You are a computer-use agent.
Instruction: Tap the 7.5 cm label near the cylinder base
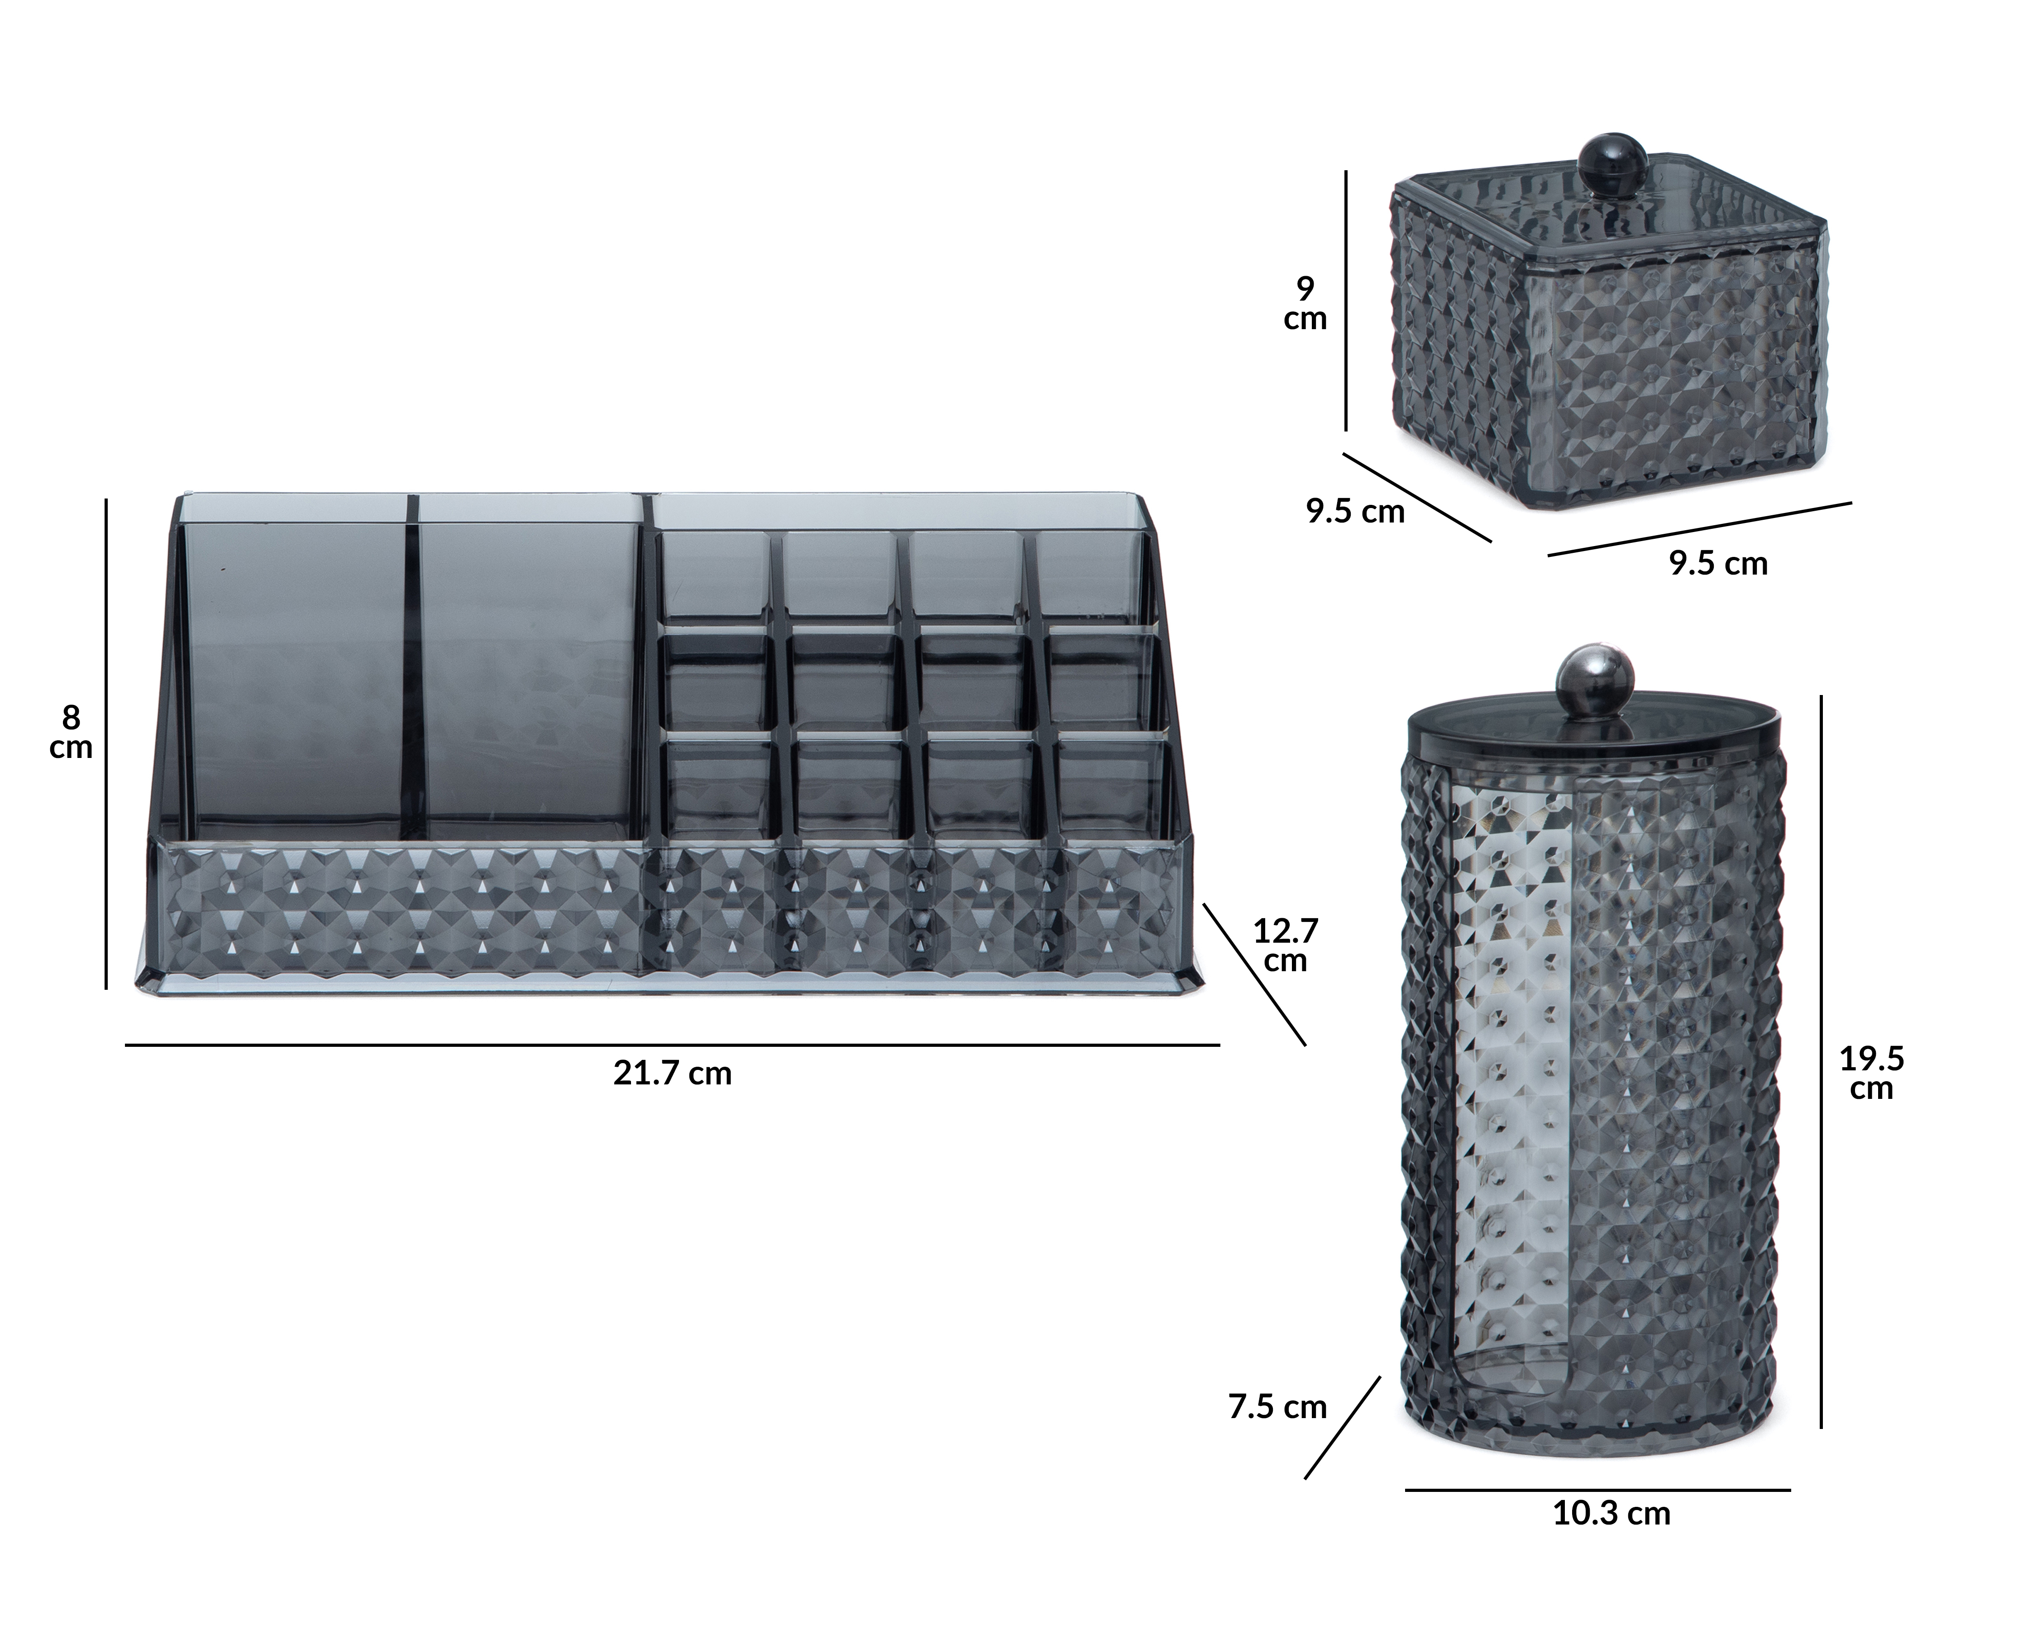(1277, 1407)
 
